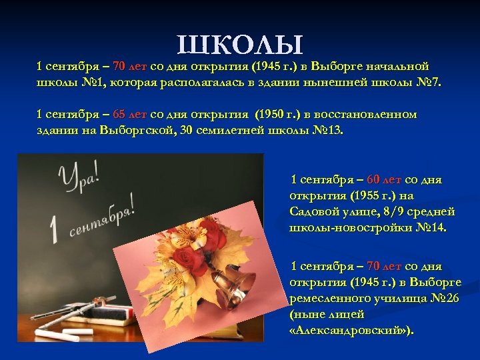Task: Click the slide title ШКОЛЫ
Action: (241, 45)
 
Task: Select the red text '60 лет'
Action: (384, 180)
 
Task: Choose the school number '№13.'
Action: (327, 131)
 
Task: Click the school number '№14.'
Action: (431, 228)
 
